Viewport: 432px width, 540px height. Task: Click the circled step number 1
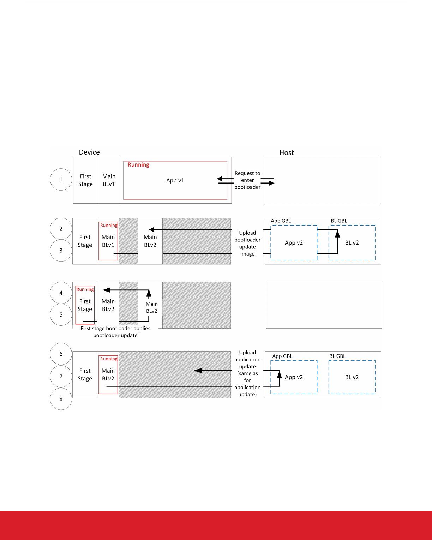tap(61, 180)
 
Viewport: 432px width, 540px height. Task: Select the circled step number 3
tap(61, 251)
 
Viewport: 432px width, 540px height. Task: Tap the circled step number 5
tap(61, 315)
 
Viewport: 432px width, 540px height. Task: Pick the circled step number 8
tap(61, 399)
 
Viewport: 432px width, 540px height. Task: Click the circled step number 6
tap(61, 354)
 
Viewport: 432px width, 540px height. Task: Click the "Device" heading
tap(89, 152)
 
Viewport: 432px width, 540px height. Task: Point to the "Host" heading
tap(287, 152)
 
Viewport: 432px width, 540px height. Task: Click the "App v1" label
tap(175, 180)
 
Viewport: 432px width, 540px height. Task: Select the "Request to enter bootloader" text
tap(247, 180)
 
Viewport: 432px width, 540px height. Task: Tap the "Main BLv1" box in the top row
tap(109, 180)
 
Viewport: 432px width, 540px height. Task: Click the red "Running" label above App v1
tap(138, 165)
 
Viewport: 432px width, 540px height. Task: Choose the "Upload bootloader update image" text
tap(247, 243)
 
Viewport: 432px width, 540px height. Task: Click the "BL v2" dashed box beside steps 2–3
tap(352, 243)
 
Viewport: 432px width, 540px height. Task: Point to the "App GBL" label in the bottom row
tap(282, 356)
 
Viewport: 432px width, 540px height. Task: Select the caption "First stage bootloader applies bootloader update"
tap(115, 332)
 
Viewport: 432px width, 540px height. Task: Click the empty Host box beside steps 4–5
tap(324, 305)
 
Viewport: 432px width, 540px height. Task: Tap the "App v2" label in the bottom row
tap(294, 377)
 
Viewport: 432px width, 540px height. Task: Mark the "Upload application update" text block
tap(247, 373)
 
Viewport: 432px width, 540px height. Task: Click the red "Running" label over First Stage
tap(85, 289)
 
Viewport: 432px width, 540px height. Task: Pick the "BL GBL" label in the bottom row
tap(337, 356)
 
